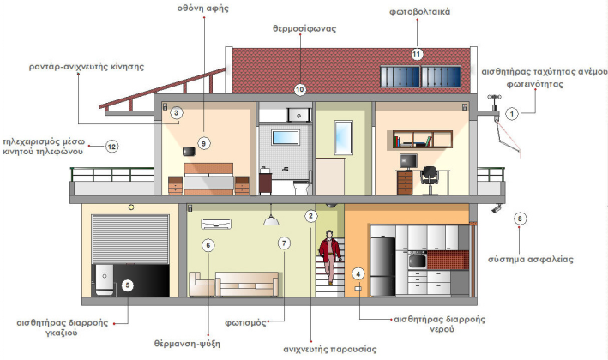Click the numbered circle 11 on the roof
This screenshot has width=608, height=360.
point(417,54)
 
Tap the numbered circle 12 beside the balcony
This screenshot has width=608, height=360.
point(111,147)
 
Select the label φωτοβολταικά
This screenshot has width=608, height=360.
point(420,12)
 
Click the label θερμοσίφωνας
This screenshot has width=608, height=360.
point(304,28)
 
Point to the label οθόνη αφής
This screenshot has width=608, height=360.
point(202,8)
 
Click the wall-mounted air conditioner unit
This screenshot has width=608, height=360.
point(216,224)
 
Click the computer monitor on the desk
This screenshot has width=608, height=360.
point(408,161)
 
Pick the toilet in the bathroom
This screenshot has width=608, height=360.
point(301,188)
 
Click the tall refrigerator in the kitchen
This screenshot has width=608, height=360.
point(383,267)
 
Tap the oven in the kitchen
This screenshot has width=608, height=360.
point(418,261)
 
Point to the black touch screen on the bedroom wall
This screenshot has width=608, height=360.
point(189,151)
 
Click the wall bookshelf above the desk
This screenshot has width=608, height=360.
point(422,140)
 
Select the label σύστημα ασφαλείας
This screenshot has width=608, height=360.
point(531,259)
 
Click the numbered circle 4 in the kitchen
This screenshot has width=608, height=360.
point(358,274)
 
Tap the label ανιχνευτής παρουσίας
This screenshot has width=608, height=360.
point(330,349)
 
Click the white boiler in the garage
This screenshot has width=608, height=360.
point(105,279)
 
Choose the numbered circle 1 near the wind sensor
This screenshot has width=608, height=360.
point(512,113)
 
